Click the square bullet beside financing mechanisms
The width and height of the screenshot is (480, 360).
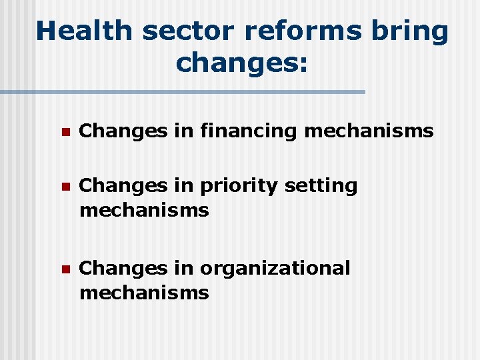(65, 132)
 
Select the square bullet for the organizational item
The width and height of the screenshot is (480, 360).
(65, 269)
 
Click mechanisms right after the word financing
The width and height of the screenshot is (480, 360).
(369, 131)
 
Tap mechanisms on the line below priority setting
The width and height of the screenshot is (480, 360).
(144, 211)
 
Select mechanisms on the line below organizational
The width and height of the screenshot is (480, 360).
(144, 293)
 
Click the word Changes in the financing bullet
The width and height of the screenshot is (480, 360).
(123, 131)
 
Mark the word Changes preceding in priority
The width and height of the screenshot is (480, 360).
(123, 186)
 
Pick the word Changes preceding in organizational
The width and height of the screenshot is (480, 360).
(123, 268)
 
